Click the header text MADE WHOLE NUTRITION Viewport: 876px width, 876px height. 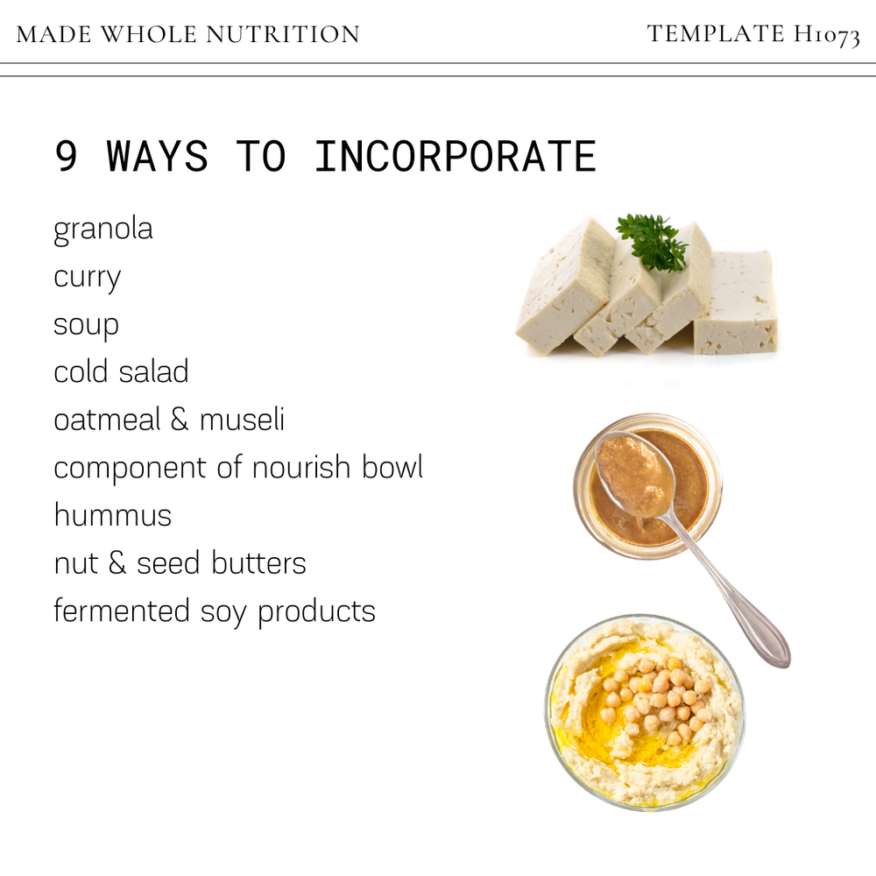pos(187,34)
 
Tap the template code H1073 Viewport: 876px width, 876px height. pos(827,35)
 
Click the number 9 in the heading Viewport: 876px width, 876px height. pos(66,157)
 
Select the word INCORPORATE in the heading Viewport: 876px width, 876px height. pos(455,157)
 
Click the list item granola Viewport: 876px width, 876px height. pos(103,230)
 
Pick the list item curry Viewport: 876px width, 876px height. pos(87,278)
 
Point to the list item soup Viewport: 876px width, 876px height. pos(86,325)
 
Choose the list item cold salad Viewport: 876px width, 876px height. pos(121,371)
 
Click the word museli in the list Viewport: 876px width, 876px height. pos(242,420)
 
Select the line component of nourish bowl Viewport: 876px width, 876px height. pos(238,467)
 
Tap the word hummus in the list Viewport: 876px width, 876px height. pos(112,514)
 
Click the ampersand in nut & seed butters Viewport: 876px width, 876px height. pos(117,562)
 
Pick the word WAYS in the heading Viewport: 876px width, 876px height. pos(158,157)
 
